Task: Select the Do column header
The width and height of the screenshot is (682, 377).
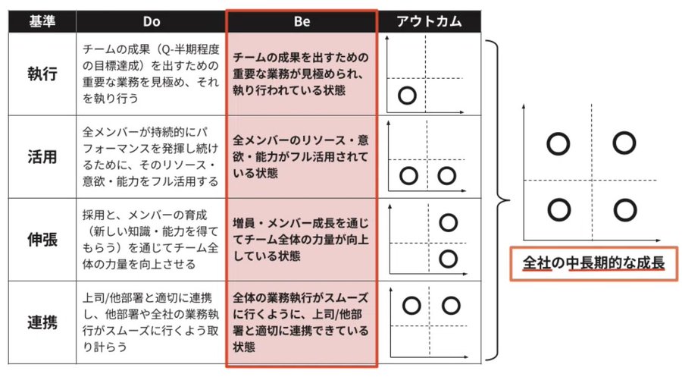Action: (149, 21)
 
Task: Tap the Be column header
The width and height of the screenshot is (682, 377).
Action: (302, 21)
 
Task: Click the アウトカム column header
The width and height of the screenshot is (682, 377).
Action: (430, 21)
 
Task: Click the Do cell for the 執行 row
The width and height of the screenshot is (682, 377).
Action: (149, 74)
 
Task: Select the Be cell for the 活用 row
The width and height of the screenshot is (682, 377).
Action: (302, 157)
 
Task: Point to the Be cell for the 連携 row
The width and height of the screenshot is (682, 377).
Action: (302, 322)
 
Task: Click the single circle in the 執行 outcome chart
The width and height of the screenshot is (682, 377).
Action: (407, 96)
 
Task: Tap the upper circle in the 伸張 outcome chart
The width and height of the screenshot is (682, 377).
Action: (448, 222)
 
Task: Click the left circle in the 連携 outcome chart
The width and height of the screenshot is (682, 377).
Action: (411, 305)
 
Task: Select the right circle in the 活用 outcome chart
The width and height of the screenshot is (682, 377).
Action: (447, 176)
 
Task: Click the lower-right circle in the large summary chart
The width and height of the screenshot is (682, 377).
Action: (623, 209)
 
